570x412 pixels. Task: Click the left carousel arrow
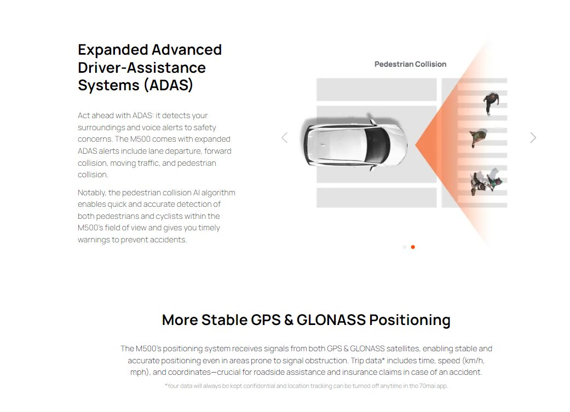point(285,138)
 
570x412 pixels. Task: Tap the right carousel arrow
point(533,138)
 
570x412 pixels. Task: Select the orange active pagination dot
point(413,247)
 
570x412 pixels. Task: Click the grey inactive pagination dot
point(405,247)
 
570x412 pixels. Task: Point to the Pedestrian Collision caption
point(411,65)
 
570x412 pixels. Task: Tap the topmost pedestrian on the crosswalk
point(491,103)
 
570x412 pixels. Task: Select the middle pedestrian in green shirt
point(478,138)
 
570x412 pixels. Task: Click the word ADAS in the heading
point(168,85)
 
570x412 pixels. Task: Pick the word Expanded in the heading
point(113,50)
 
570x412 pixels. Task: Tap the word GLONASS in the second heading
point(331,320)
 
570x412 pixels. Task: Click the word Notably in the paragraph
point(91,193)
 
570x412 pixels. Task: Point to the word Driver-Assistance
point(142,68)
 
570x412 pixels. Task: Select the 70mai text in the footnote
point(427,386)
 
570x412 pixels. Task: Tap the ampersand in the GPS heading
point(289,320)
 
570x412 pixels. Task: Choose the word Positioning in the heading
point(410,321)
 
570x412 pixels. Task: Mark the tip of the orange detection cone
point(416,145)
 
